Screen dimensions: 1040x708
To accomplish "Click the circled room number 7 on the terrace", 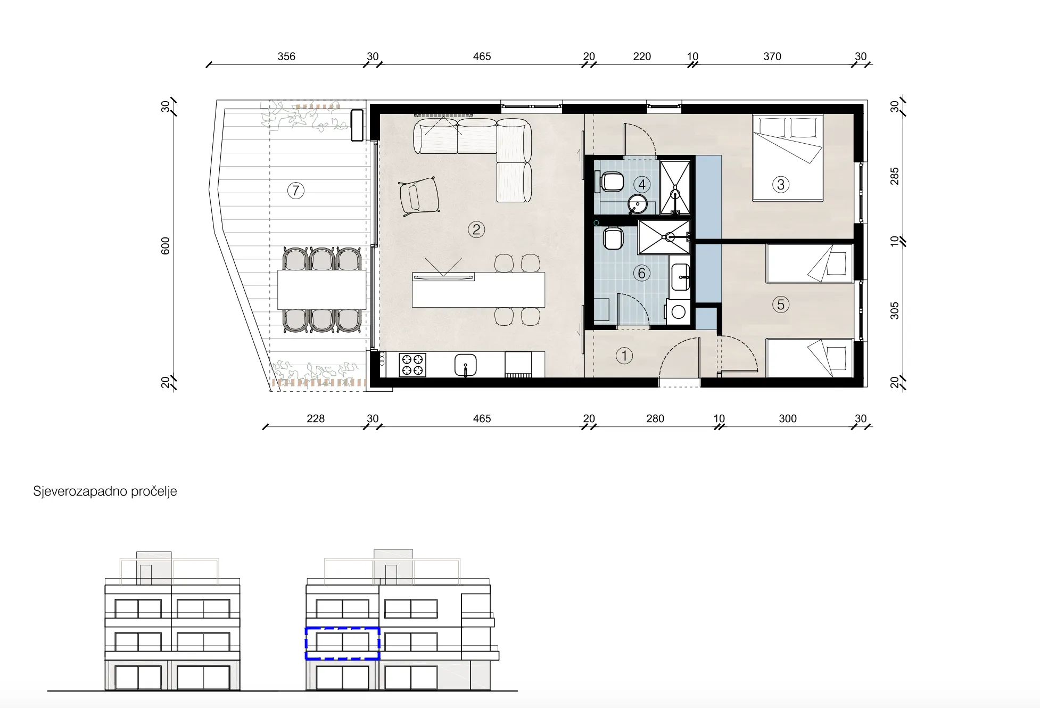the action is [296, 191].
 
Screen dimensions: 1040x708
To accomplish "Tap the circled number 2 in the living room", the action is [476, 229].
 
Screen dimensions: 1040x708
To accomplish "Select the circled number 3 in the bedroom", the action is [781, 185].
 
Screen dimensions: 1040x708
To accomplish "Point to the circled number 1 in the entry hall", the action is [624, 356].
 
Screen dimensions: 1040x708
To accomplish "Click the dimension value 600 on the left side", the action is [166, 246].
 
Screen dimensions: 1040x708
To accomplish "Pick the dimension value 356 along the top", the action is [286, 56].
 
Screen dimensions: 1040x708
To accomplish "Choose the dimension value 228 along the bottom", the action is [316, 418].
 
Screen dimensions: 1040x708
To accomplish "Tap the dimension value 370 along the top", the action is [772, 56].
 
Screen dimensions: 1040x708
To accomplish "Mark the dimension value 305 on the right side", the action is [895, 311].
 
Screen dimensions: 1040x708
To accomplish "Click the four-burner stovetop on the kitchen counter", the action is [412, 365].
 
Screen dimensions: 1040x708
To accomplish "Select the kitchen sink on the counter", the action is [466, 365].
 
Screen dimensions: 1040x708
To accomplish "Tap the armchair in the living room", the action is [419, 196].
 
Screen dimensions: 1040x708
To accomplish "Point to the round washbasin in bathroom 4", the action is [637, 204].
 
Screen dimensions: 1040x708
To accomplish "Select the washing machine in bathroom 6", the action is [678, 312].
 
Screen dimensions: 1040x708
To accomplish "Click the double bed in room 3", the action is [788, 158].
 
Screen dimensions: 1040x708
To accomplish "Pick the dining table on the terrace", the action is [321, 290].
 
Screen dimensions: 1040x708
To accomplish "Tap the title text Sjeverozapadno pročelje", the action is [105, 491].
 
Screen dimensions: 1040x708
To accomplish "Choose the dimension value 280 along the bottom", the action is [655, 418].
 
